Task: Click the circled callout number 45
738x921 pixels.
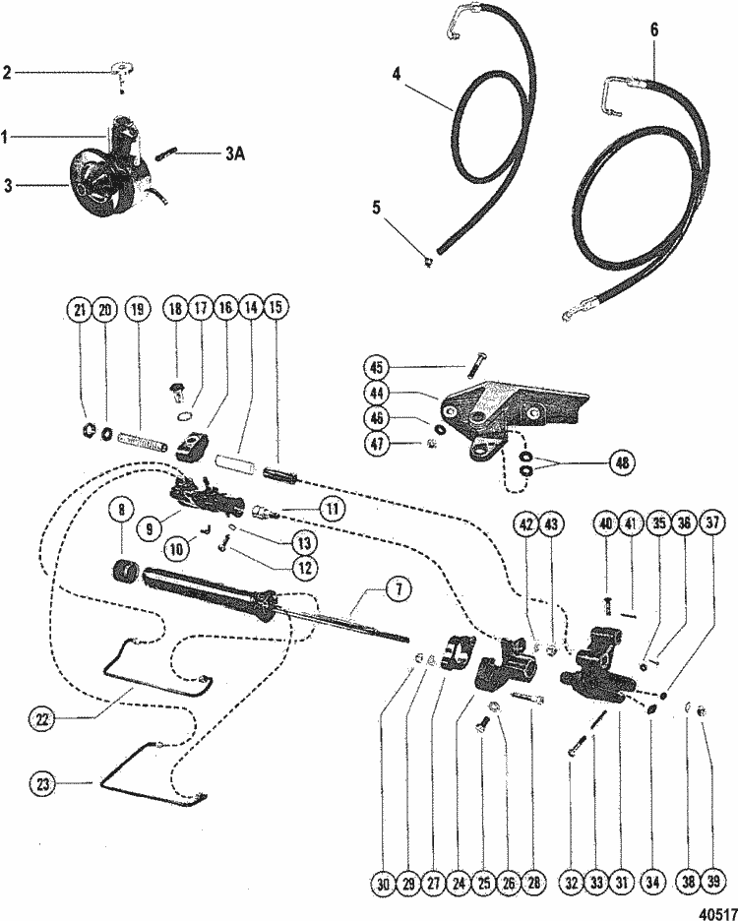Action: pos(376,368)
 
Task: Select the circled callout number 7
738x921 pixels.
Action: pos(400,588)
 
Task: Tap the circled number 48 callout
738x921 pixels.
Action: pos(622,462)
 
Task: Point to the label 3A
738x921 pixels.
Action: pos(235,153)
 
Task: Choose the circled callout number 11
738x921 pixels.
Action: pos(333,508)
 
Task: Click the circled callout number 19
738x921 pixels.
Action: pos(138,309)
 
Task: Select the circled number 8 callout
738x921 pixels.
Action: pos(122,510)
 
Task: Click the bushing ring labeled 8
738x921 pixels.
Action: pos(125,571)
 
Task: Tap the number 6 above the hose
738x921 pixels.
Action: pos(654,30)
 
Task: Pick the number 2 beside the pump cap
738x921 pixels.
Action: pos(7,73)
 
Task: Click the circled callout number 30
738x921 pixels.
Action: pos(383,883)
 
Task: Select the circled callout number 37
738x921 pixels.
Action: pos(712,522)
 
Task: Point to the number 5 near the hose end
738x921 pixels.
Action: pos(376,208)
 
